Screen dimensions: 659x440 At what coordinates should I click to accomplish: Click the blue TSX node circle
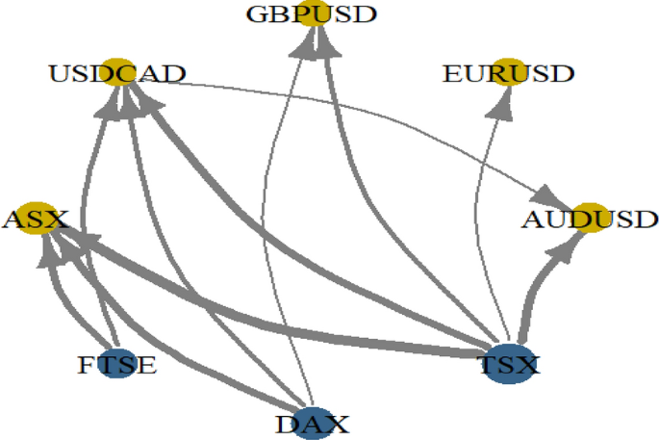tap(510, 364)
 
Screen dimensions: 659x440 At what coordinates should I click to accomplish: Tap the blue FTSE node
tap(117, 365)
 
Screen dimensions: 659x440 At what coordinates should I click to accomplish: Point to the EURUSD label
tap(508, 73)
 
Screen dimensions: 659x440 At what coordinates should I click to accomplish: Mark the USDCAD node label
tap(118, 73)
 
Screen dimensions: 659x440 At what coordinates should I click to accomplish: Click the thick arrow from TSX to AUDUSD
tap(532, 289)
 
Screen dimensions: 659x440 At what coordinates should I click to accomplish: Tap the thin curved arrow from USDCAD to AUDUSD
tap(385, 106)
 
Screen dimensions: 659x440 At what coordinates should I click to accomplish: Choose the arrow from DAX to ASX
tap(173, 327)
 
